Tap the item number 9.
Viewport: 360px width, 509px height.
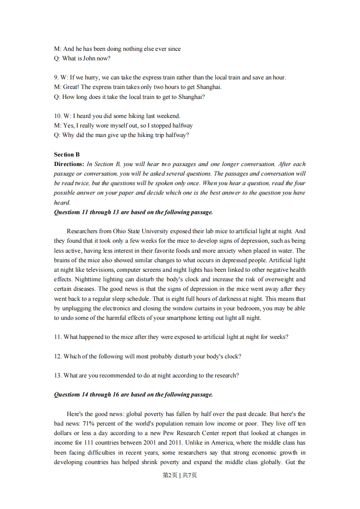point(56,78)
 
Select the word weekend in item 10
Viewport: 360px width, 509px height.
point(170,116)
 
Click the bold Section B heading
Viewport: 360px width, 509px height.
point(67,155)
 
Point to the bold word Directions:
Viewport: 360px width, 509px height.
point(69,164)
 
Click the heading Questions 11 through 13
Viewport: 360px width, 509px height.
point(133,212)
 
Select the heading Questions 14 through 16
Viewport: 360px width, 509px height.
point(133,395)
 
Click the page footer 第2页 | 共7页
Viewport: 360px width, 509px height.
point(180,475)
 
